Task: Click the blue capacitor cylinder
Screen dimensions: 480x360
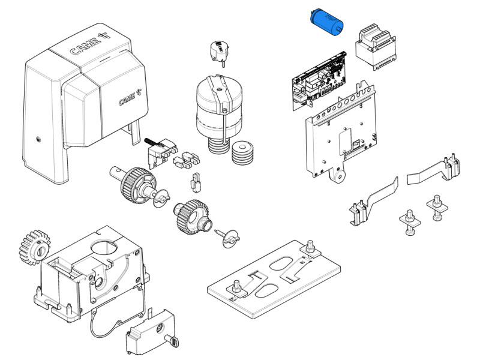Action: pos(326,22)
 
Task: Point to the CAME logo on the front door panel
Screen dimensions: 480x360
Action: pos(130,97)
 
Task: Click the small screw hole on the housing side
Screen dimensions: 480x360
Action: pos(38,139)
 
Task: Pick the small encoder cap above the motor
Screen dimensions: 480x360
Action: pos(219,51)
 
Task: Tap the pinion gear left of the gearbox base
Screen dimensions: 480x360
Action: pos(34,247)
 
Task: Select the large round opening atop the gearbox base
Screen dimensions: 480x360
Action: pos(104,247)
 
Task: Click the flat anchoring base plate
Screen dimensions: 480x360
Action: pos(274,279)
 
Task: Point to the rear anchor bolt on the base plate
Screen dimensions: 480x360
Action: pos(310,247)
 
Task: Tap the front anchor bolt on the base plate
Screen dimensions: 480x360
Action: pos(236,289)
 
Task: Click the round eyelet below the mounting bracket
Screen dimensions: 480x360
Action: pos(338,176)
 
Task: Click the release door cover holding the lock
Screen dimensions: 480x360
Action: pos(151,332)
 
